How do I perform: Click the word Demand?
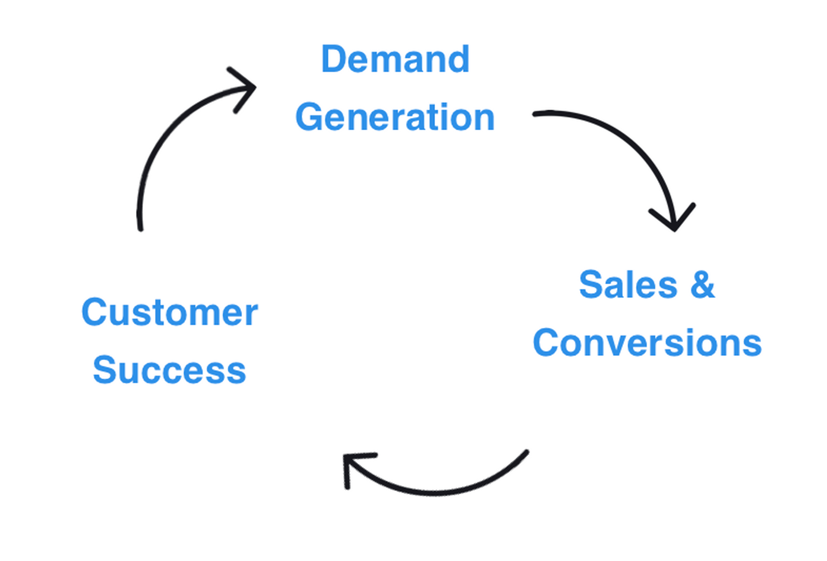395,59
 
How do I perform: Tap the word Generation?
395,118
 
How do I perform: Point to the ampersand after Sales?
701,284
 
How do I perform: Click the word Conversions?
647,343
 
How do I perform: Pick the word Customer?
170,313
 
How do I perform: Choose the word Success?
170,370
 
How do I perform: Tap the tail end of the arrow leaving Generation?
537,114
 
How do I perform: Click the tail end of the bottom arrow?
525,452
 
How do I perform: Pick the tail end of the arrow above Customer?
140,228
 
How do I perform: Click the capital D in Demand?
333,59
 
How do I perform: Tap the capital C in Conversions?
547,343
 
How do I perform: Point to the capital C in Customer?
94,313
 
